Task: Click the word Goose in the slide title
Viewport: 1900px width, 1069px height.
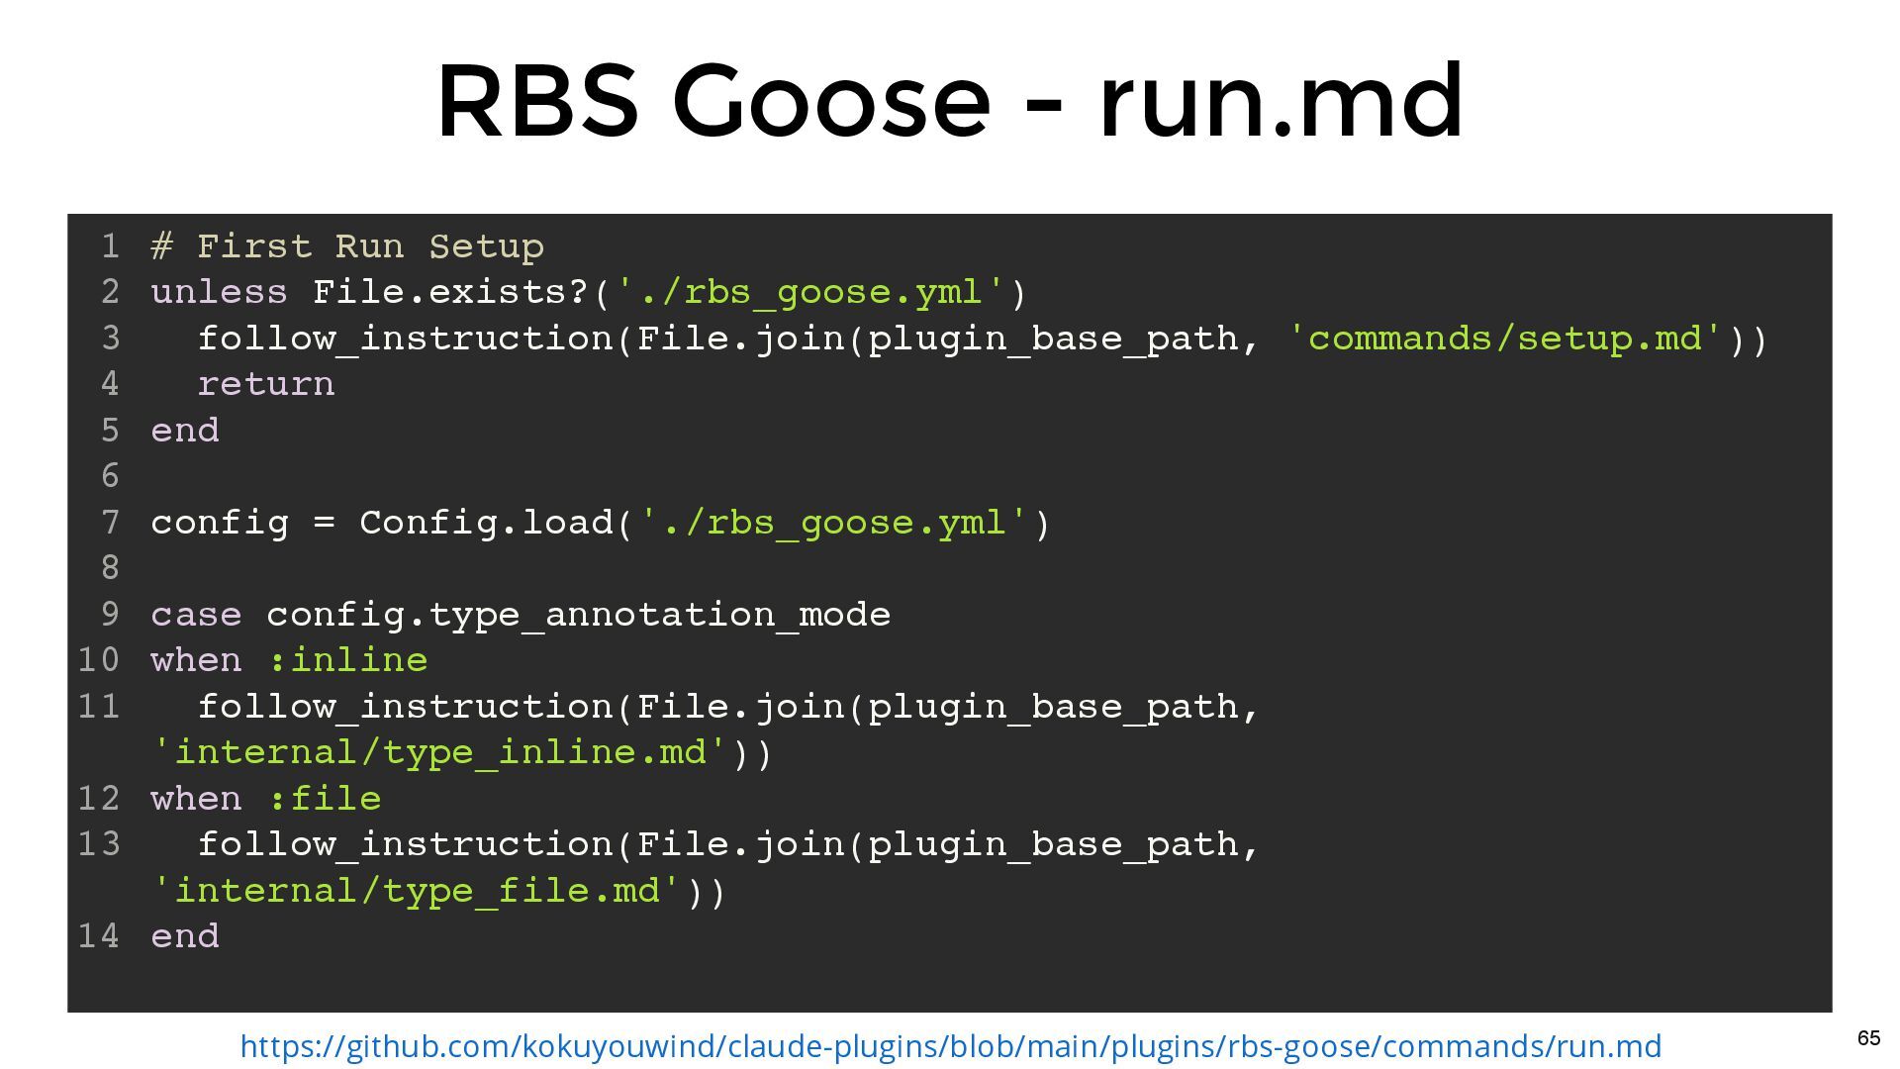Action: pyautogui.click(x=831, y=101)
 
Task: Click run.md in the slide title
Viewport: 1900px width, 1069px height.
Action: pyautogui.click(x=1282, y=101)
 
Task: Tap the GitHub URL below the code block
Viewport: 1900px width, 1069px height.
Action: pyautogui.click(x=950, y=1046)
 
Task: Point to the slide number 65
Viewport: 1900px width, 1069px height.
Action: pyautogui.click(x=1868, y=1038)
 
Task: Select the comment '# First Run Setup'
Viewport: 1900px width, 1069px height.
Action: pyautogui.click(x=347, y=246)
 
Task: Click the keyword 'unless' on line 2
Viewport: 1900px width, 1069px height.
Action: pyautogui.click(x=219, y=293)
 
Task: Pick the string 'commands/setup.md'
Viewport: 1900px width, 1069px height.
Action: pyautogui.click(x=1506, y=339)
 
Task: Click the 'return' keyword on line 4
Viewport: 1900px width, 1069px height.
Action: pyautogui.click(x=266, y=384)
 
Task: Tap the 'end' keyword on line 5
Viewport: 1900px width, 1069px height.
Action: pyautogui.click(x=185, y=431)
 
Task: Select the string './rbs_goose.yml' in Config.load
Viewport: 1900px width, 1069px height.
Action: pyautogui.click(x=836, y=523)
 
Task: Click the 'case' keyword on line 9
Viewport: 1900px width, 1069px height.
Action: pyautogui.click(x=196, y=615)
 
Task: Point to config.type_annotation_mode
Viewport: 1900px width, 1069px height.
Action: pyautogui.click(x=579, y=615)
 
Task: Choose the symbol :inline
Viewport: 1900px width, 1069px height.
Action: pyautogui.click(x=347, y=660)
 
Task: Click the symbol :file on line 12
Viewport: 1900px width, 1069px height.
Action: pyautogui.click(x=325, y=799)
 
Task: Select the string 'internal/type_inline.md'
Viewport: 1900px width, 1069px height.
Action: pyautogui.click(x=440, y=752)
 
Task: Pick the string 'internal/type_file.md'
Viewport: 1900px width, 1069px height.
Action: pyautogui.click(x=418, y=891)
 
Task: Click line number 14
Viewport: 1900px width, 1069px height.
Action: pyautogui.click(x=99, y=936)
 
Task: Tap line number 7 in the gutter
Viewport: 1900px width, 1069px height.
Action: pyautogui.click(x=110, y=523)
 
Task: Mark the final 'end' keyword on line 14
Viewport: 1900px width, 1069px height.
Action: pyautogui.click(x=185, y=936)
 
